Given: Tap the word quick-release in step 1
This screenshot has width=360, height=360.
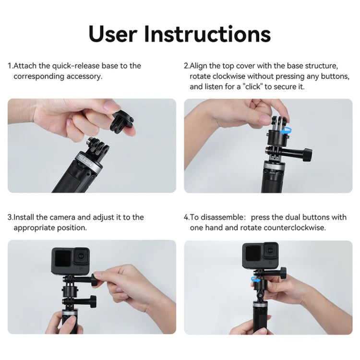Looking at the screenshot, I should (x=71, y=66).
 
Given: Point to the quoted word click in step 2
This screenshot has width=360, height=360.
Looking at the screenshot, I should (x=254, y=87).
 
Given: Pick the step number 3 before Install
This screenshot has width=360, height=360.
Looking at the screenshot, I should (x=10, y=217).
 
